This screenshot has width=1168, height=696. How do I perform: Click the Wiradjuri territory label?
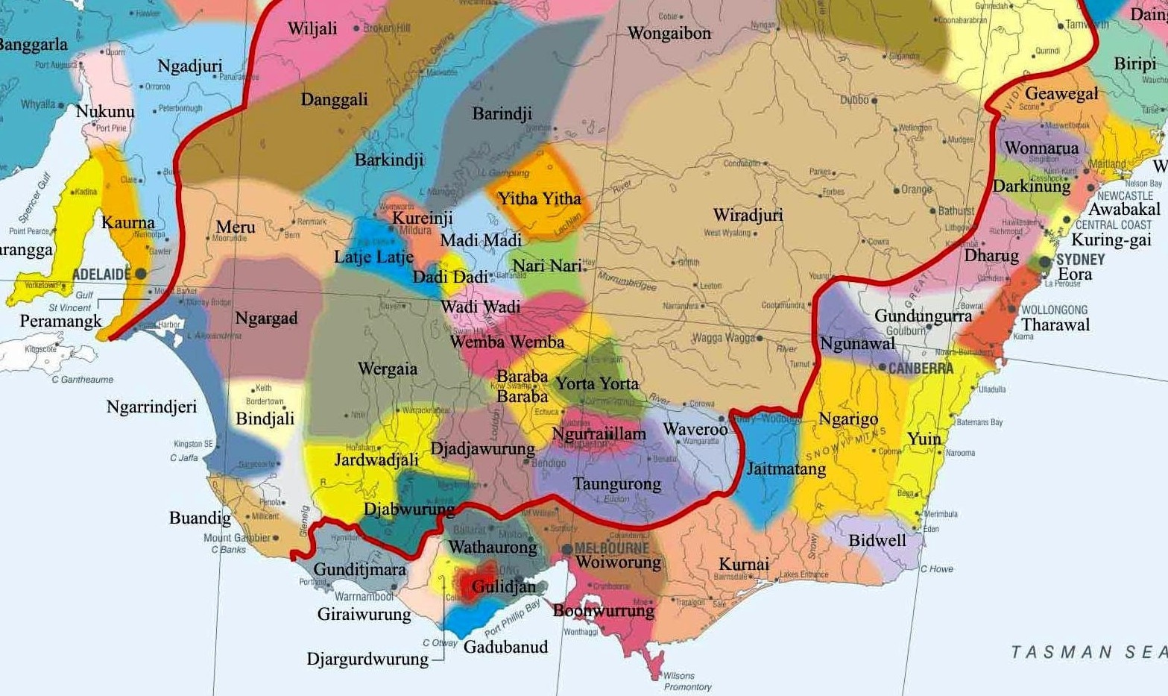[748, 216]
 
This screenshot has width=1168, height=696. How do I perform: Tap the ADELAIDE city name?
[101, 275]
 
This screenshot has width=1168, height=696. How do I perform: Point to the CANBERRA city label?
[921, 369]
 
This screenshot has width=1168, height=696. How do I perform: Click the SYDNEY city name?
[1080, 259]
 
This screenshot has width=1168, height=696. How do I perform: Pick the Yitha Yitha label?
[539, 198]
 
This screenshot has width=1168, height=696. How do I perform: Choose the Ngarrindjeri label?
[151, 407]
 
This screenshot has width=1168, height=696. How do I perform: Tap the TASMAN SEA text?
[1088, 652]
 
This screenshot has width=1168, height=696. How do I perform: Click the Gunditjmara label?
[359, 570]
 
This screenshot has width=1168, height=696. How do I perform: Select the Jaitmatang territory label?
[786, 469]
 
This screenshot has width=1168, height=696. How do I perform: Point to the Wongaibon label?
[669, 34]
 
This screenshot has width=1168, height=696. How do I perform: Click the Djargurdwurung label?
[367, 659]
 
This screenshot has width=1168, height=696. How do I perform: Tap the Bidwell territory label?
[877, 540]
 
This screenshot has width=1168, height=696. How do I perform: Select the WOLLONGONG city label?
[1054, 310]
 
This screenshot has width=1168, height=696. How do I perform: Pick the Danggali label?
[334, 99]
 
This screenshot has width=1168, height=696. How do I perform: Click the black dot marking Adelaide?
[140, 274]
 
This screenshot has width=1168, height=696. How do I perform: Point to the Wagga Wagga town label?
[723, 338]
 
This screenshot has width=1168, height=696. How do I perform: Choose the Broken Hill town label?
[387, 28]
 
